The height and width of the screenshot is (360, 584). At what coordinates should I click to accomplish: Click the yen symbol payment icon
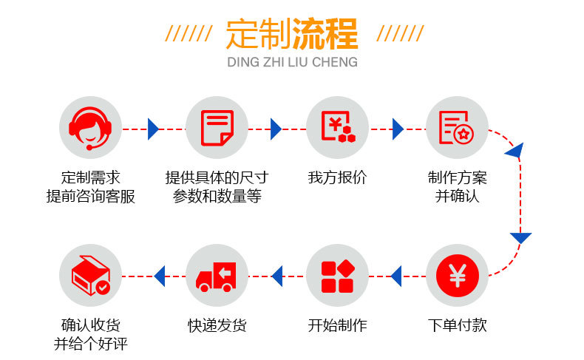click(457, 276)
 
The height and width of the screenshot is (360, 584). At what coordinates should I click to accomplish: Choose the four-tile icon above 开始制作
click(338, 276)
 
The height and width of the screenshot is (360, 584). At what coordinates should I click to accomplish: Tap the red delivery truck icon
click(217, 276)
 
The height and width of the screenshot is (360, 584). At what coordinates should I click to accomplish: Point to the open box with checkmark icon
click(90, 276)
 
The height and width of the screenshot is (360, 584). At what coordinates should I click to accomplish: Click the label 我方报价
click(337, 178)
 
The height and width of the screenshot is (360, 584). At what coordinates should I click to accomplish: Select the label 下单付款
click(457, 326)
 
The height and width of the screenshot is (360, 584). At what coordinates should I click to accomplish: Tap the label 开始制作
click(337, 326)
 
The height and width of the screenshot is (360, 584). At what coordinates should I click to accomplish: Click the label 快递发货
click(217, 326)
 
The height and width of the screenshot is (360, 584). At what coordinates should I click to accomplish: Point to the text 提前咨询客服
click(90, 197)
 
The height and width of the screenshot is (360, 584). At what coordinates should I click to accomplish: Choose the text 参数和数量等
click(217, 197)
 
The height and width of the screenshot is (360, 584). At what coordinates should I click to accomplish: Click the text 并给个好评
click(90, 344)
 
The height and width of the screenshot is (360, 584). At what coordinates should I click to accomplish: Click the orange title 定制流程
click(292, 33)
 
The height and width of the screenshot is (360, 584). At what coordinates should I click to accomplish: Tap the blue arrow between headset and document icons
click(153, 129)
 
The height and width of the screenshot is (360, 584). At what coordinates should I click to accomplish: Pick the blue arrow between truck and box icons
click(159, 276)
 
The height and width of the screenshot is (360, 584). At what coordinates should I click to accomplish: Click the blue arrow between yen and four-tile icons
click(396, 276)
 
